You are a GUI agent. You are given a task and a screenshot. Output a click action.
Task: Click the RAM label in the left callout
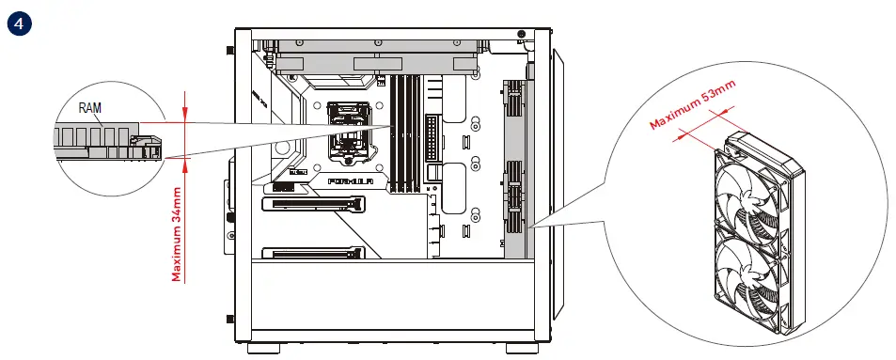90,108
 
